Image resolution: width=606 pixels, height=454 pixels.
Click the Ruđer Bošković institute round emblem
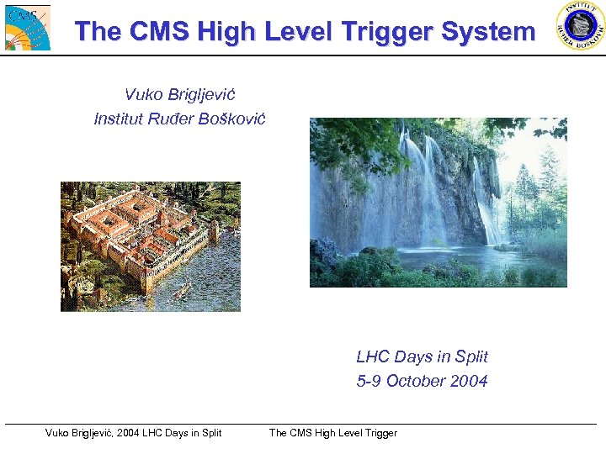pyautogui.click(x=580, y=25)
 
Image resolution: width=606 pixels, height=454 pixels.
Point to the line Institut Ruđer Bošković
pyautogui.click(x=179, y=119)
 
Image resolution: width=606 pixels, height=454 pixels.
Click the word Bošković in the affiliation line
pyautogui.click(x=231, y=119)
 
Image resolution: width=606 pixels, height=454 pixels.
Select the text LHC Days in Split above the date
pyautogui.click(x=422, y=356)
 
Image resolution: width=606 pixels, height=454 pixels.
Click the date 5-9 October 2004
pyautogui.click(x=422, y=381)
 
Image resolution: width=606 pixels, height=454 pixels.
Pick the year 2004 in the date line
pyautogui.click(x=468, y=381)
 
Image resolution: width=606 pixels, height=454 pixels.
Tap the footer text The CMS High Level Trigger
pyautogui.click(x=332, y=433)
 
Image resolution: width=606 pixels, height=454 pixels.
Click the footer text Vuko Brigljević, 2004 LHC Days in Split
pyautogui.click(x=133, y=433)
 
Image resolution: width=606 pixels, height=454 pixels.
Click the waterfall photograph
pyautogui.click(x=438, y=202)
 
